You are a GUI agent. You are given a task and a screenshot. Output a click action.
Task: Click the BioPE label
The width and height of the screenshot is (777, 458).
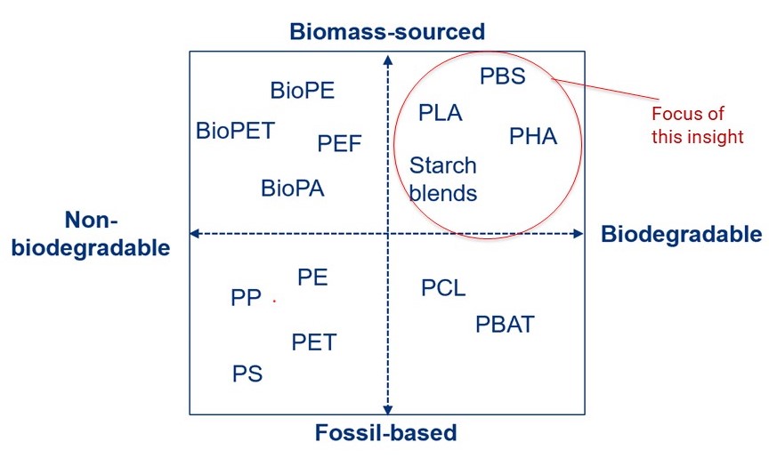[303, 90]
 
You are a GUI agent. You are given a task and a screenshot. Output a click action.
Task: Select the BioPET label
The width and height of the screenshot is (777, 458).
[236, 131]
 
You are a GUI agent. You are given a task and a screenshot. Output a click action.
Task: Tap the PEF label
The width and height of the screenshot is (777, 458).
[339, 143]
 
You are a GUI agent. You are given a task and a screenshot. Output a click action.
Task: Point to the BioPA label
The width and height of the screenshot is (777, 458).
[293, 189]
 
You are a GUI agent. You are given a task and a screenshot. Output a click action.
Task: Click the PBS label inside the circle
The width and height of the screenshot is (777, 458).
[503, 76]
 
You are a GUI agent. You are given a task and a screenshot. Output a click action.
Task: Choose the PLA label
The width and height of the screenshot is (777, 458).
[441, 113]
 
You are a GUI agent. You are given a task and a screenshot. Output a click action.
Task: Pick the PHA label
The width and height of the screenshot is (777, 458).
[533, 136]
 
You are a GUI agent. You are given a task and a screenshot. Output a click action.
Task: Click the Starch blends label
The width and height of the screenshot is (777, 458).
[443, 179]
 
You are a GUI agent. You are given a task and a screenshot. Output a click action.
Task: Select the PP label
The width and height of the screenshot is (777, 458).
[246, 298]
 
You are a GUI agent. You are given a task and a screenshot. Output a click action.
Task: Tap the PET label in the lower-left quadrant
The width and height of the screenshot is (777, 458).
[314, 341]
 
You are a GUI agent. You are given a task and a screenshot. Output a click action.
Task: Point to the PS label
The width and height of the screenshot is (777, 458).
[247, 374]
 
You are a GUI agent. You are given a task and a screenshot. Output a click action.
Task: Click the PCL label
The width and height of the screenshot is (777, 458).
[443, 288]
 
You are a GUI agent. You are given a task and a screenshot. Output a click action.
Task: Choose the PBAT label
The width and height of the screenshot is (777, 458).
[505, 325]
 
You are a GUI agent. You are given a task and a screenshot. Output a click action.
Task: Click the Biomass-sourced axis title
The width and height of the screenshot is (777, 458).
[387, 32]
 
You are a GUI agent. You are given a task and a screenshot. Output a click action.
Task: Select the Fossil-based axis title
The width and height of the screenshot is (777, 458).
[385, 434]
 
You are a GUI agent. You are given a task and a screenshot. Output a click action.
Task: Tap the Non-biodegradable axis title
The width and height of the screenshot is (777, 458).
[92, 234]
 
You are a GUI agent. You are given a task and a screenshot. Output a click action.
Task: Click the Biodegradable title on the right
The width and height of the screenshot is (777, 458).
[682, 234]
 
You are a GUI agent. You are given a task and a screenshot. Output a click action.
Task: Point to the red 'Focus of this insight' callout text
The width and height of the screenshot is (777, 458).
[697, 125]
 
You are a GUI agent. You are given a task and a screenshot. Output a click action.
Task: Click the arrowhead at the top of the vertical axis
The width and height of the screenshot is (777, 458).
[387, 60]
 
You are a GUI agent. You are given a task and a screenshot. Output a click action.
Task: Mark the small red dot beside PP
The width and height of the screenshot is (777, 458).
[274, 301]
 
